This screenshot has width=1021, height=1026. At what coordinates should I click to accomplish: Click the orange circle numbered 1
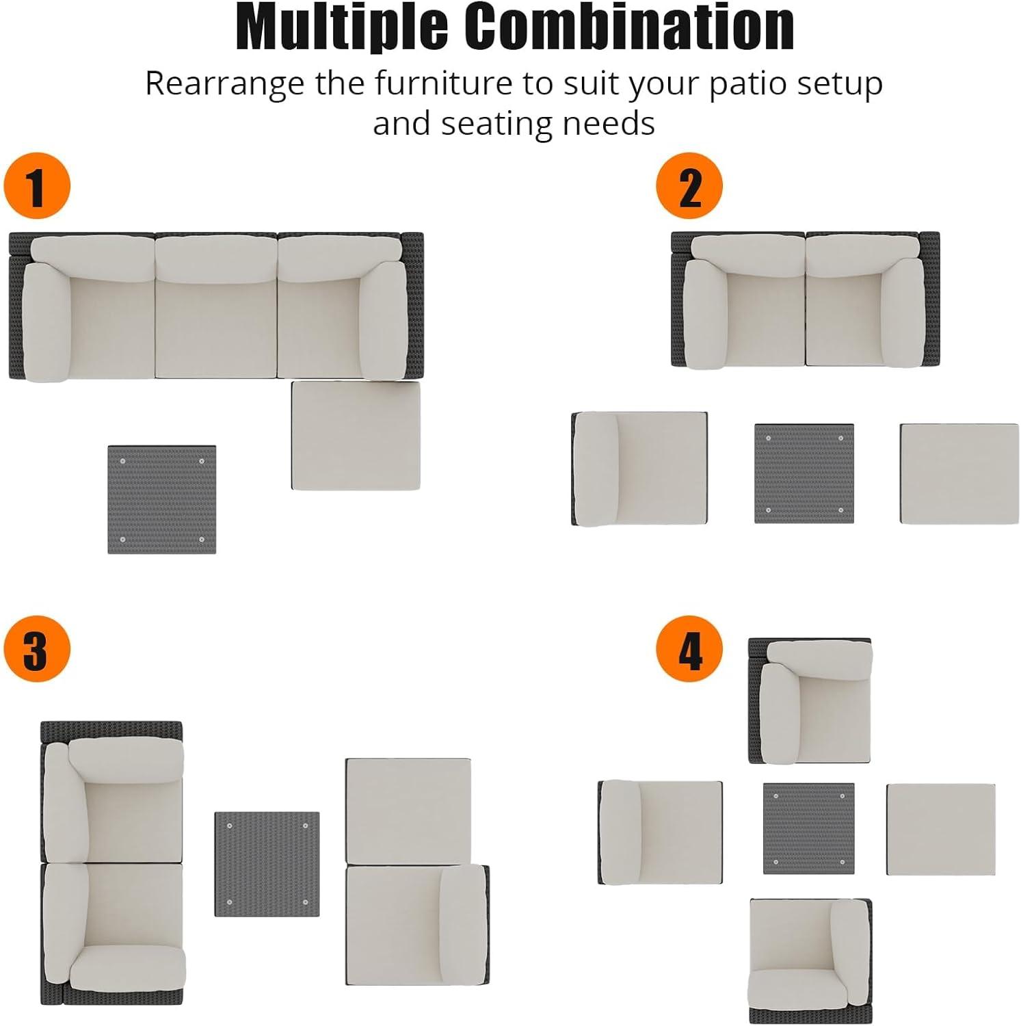37,186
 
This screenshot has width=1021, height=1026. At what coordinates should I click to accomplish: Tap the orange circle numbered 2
689,186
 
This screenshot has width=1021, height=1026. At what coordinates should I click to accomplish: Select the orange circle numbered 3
37,648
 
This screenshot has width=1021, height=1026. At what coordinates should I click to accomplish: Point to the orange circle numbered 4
689,648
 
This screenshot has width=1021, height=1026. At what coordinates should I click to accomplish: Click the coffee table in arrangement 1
162,500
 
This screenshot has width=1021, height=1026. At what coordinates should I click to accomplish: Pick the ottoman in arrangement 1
356,435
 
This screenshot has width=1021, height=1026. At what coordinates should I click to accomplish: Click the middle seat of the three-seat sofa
216,306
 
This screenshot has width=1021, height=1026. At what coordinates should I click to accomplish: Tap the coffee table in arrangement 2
804,474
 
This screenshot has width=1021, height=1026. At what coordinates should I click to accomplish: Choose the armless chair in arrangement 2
639,469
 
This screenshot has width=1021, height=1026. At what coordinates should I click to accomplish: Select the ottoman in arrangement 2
959,474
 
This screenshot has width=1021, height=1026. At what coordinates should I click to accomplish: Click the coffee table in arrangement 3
267,865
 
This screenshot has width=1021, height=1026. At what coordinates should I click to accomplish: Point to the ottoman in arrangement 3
408,811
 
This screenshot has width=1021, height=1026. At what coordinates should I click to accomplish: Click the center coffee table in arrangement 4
809,828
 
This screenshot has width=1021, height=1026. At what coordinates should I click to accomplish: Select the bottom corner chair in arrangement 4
811,961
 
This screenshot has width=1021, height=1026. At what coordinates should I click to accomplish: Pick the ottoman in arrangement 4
941,829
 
